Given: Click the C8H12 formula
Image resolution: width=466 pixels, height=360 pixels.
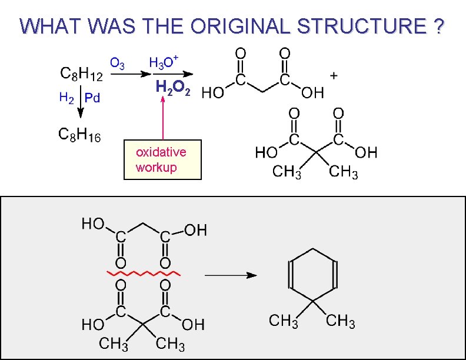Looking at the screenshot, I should coord(81,75).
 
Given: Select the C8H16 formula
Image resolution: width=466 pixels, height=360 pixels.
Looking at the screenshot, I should coord(79,135).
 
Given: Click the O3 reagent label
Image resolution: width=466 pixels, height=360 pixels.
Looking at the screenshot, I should coord(117,63).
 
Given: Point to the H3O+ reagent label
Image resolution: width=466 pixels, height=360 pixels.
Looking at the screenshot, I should coord(164,61).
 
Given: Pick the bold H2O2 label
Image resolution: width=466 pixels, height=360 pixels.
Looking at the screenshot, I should coord(172,88).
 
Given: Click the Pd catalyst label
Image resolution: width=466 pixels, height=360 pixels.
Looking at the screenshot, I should coord(92,98).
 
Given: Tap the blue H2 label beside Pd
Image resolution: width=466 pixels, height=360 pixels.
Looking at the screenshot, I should coord(66,97).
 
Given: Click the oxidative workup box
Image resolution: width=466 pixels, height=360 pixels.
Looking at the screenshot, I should coord(163,159).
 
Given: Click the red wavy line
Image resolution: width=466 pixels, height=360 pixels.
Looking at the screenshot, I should coord(143,274).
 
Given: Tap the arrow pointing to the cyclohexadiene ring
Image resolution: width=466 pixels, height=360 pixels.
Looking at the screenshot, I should coord(231,275).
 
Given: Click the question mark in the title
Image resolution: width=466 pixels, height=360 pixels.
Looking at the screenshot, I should coord(437,26).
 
